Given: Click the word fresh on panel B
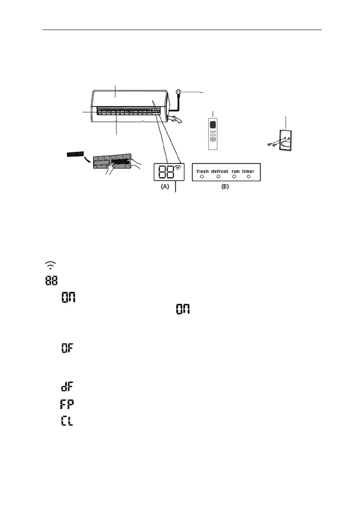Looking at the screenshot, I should click(x=203, y=171).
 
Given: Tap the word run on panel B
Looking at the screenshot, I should click(x=236, y=171).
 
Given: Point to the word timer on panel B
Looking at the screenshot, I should click(x=248, y=171).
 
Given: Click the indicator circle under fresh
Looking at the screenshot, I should click(x=202, y=177).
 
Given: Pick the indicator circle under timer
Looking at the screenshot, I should click(x=249, y=177).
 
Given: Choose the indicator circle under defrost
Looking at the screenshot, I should click(x=218, y=177).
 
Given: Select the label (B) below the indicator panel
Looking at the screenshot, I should click(x=225, y=187).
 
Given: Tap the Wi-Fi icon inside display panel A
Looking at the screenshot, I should click(x=178, y=169).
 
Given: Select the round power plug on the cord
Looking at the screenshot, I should click(x=179, y=92).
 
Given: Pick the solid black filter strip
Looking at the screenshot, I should click(x=76, y=153).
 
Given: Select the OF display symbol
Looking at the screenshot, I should click(x=67, y=348).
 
